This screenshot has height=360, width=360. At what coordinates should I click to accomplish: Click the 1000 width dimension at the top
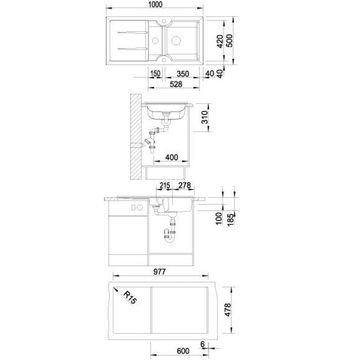(155, 4)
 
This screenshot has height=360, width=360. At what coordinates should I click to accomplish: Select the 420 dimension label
(220, 41)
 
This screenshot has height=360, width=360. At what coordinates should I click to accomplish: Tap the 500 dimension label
(229, 40)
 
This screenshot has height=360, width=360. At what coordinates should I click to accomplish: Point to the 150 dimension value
(155, 74)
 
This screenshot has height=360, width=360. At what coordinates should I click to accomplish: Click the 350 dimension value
(183, 74)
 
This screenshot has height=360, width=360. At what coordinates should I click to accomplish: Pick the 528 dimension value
(176, 84)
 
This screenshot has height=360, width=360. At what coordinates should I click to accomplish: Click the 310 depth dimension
(205, 117)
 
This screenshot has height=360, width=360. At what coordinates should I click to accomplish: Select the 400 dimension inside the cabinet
(172, 157)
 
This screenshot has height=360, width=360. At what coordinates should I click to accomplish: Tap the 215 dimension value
(165, 185)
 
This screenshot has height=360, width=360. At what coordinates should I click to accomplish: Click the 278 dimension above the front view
(184, 185)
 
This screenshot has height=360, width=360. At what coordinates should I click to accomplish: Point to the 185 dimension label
(231, 220)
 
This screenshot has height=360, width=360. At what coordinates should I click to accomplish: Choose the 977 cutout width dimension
(159, 272)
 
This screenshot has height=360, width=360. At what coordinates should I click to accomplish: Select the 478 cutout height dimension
(228, 310)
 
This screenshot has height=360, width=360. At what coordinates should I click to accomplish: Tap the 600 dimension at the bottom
(183, 351)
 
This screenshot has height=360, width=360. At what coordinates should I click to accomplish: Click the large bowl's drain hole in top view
(176, 40)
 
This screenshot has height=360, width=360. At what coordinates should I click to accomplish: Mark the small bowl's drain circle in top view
(155, 41)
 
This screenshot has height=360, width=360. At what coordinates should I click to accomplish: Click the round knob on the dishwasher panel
(139, 207)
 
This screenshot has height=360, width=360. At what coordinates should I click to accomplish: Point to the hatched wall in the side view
(136, 137)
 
